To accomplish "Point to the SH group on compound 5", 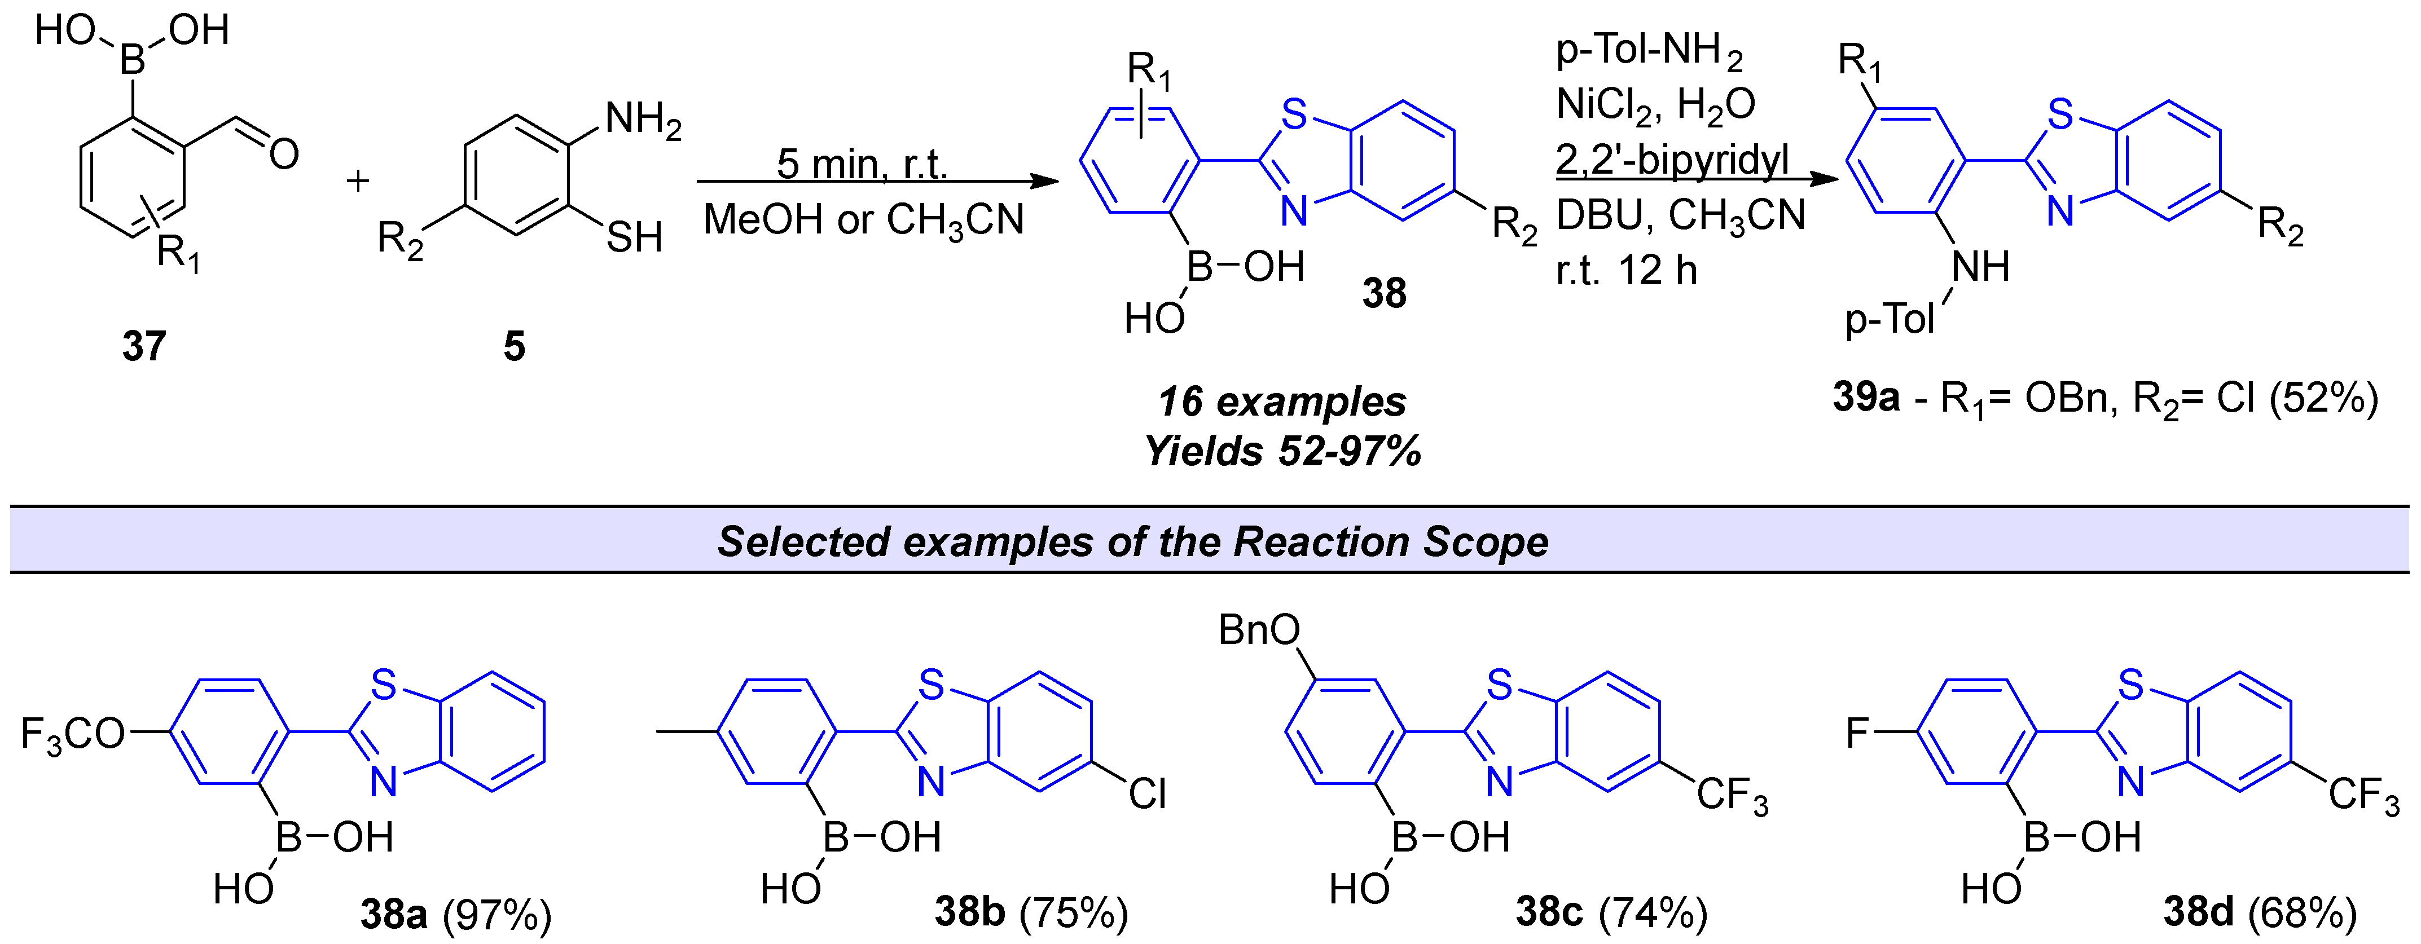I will (634, 237).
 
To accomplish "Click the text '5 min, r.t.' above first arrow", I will (861, 164).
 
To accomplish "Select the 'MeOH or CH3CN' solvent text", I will (863, 220).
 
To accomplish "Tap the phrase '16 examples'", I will (1282, 402).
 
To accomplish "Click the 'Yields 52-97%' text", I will (1282, 452).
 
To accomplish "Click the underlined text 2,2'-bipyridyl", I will (1672, 160).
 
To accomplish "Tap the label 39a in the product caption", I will (1866, 398).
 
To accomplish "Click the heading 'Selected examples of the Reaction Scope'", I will (1132, 542).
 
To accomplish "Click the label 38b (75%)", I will (1030, 911).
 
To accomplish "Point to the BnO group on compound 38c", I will (1258, 630).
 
